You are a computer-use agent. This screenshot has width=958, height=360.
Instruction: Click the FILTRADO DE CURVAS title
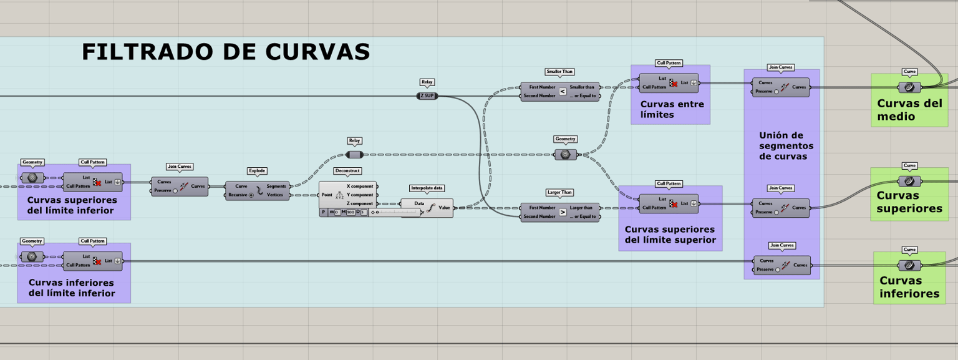226,52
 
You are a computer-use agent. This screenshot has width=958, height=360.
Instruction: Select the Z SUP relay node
427,96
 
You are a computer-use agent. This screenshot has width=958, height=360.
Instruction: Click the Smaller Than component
560,91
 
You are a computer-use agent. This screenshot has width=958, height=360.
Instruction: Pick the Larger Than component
560,212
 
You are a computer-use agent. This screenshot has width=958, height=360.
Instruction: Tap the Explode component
258,191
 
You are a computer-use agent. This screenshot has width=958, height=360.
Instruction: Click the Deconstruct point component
348,195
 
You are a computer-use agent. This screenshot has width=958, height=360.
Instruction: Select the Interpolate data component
427,208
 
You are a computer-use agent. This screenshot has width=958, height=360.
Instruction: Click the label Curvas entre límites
672,110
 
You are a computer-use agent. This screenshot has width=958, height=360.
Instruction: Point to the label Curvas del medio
909,110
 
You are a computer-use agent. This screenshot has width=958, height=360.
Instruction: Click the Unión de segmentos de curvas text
786,146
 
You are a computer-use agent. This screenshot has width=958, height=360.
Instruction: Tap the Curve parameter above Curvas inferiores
909,265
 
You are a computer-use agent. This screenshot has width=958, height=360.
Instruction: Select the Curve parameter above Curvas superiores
909,182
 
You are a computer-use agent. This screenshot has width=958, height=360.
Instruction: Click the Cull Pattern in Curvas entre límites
669,83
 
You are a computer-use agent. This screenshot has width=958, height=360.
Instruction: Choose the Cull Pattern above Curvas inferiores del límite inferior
93,261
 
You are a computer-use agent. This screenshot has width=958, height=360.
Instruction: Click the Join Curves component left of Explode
180,187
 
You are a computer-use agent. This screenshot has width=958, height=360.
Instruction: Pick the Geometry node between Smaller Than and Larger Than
566,155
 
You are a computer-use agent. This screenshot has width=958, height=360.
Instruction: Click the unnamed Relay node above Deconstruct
354,155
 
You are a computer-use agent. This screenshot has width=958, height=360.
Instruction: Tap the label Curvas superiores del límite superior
670,235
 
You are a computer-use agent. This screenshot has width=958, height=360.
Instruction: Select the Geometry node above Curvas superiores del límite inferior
32,178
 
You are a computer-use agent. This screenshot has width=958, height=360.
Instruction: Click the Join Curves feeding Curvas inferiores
781,265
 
